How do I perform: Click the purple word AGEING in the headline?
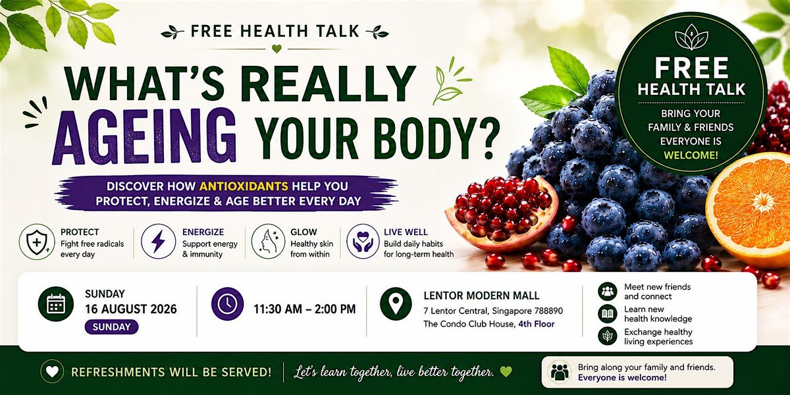coord(144,136)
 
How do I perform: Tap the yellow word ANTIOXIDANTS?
coord(244,186)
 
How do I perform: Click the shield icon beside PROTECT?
coord(37,242)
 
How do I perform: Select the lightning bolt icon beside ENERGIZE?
coord(159,242)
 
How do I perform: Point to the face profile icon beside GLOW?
coord(269,242)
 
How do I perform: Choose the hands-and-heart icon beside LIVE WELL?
coord(363,242)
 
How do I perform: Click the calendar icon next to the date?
coord(56,304)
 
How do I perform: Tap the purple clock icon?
coord(228,303)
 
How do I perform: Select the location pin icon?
coord(396,303)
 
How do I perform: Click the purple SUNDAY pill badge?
coord(111,327)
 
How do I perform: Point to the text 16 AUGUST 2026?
coord(131,309)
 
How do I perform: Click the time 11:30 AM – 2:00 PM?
coord(305,309)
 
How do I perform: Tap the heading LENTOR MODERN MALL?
coord(481,296)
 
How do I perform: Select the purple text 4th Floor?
coord(537,324)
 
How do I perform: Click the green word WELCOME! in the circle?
coord(691,155)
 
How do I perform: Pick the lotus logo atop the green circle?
coord(691,37)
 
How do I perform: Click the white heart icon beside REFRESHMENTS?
coord(52,372)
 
